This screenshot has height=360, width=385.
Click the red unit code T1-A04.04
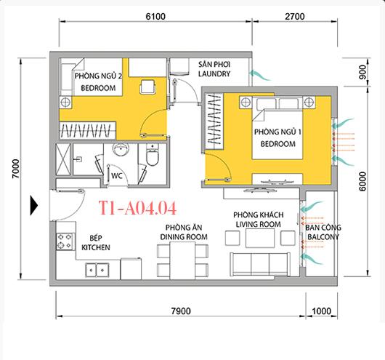click(134, 209)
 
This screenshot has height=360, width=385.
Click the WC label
click(115, 176)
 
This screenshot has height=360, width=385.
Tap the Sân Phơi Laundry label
click(214, 70)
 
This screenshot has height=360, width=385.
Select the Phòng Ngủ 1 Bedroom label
click(274, 139)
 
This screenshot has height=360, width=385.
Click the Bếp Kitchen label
click(95, 243)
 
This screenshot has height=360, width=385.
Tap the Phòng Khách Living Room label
click(256, 220)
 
